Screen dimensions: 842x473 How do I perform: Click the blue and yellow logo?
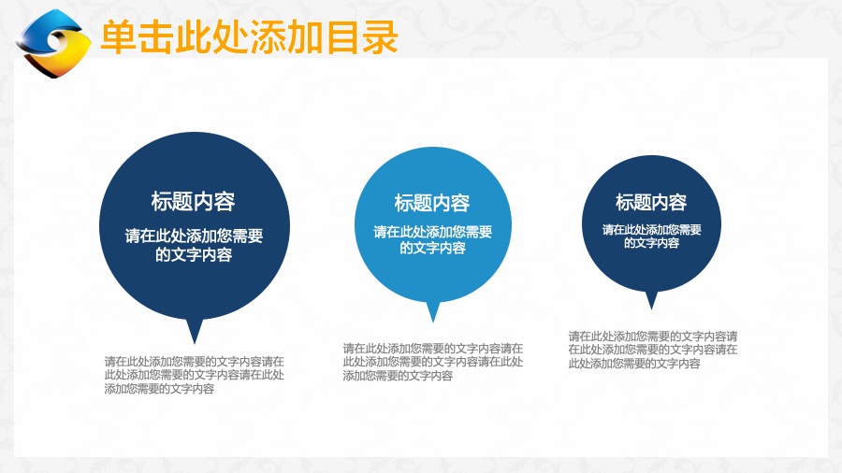[x=52, y=43]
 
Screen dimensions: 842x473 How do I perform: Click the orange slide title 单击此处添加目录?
[x=249, y=37]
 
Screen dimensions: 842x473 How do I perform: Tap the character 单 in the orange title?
[x=119, y=37]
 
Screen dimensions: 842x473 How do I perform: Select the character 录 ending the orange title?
[x=380, y=37]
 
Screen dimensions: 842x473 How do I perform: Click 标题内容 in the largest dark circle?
[x=194, y=202]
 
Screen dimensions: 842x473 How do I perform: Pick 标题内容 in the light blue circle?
[x=432, y=203]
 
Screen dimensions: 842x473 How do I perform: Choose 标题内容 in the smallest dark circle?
[x=651, y=202]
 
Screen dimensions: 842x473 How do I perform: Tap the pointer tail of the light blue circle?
[x=433, y=312]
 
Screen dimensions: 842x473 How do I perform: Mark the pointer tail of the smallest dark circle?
[x=651, y=300]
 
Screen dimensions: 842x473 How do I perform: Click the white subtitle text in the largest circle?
[x=194, y=245]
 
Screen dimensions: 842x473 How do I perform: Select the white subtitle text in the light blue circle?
[x=433, y=239]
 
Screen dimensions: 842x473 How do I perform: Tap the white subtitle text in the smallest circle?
[x=652, y=236]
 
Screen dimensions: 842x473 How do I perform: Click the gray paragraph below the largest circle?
[x=195, y=375]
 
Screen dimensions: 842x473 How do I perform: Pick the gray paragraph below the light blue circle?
[x=433, y=362]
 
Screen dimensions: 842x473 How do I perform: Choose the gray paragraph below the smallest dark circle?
[x=653, y=350]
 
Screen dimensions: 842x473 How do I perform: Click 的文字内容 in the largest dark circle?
[x=194, y=254]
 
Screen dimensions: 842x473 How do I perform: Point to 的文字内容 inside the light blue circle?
[x=433, y=248]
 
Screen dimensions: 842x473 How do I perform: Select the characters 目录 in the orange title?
[x=361, y=37]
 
